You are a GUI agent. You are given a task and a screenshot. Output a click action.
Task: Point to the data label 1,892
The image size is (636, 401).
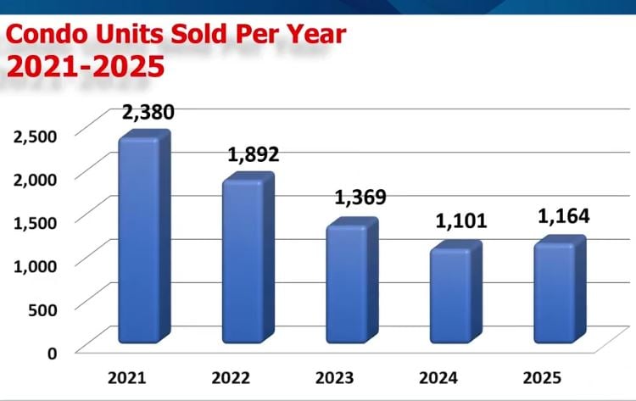tap(253, 154)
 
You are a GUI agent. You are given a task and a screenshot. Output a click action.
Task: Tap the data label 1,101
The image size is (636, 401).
tap(461, 222)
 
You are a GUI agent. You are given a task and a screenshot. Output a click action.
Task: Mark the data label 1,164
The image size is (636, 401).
tap(564, 215)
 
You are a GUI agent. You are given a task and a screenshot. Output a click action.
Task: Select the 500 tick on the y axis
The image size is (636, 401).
tap(41, 309)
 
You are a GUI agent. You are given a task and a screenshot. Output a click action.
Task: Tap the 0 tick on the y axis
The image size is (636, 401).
tap(52, 352)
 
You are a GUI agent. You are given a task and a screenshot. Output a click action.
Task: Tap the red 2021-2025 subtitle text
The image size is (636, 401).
tap(85, 67)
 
